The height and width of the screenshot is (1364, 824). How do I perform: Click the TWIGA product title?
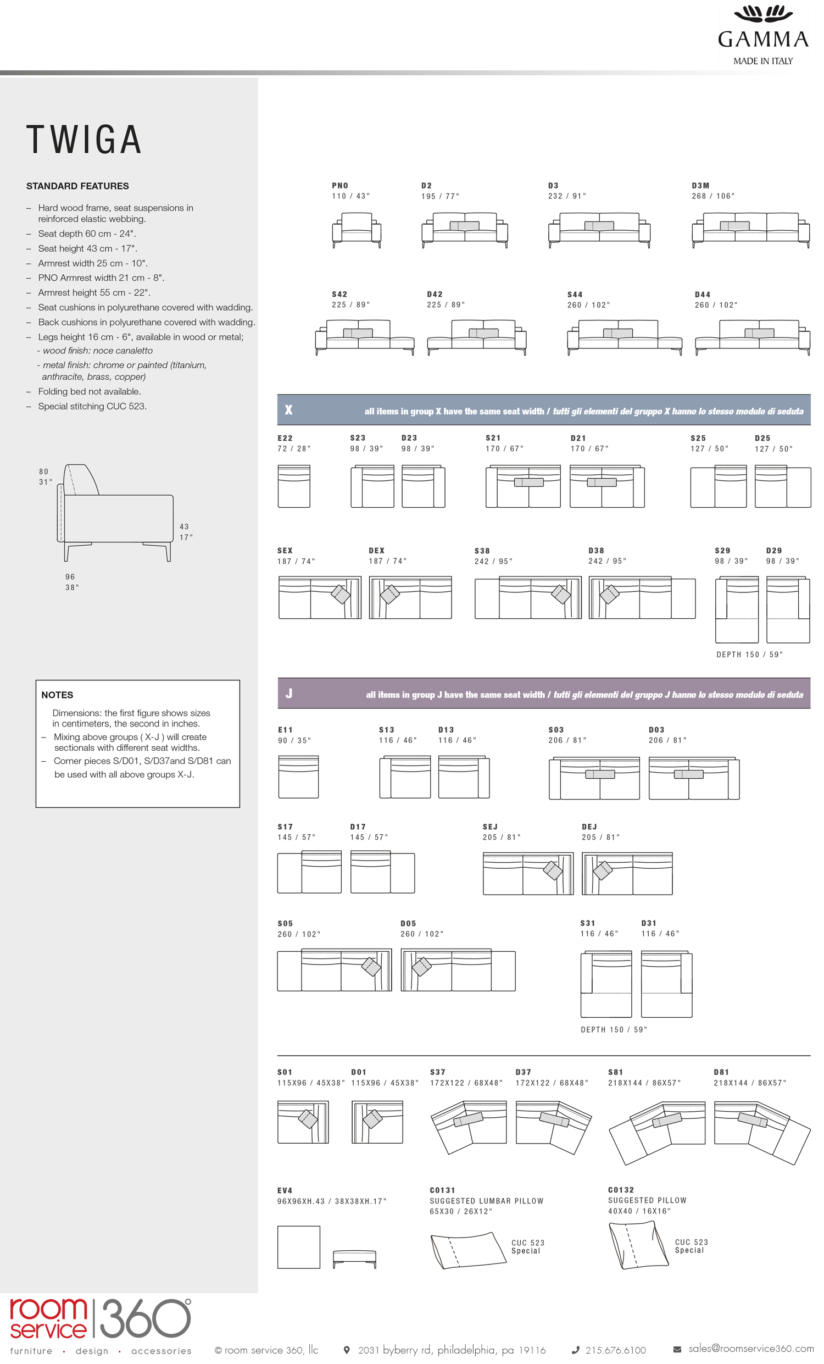84,140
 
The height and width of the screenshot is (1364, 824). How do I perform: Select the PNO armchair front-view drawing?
357,229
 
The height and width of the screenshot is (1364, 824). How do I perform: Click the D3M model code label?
700,185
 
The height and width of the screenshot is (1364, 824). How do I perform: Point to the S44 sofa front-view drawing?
623,336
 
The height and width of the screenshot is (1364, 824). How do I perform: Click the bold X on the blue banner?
288,410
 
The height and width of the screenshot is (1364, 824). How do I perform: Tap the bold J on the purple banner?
288,694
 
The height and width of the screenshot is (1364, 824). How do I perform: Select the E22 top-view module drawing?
294,486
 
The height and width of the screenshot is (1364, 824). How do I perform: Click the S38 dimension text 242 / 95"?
493,561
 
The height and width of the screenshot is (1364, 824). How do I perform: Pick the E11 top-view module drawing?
298,777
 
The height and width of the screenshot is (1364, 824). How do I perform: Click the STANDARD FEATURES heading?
77,186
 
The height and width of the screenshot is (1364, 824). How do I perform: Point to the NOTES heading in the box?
57,695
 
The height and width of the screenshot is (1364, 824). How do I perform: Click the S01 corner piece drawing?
303,1122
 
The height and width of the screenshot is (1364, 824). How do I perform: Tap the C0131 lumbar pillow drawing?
467,1250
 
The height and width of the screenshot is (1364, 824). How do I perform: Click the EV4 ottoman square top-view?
299,1246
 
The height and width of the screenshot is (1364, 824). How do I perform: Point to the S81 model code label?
615,1072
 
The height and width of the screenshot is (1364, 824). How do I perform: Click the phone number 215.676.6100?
615,1350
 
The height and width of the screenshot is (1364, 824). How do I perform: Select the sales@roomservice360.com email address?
750,1349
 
